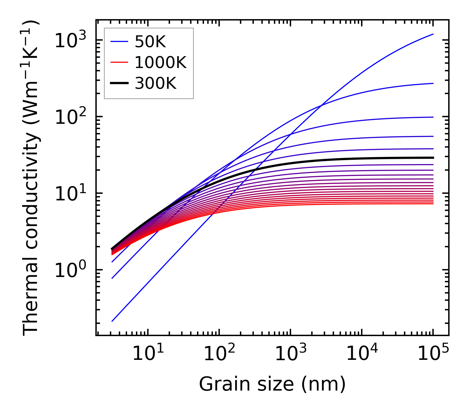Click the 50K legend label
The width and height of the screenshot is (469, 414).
tap(150, 42)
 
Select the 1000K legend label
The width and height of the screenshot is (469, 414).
tap(160, 63)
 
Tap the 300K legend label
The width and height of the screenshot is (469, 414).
tap(155, 84)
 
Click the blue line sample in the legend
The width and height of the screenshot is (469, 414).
tap(119, 42)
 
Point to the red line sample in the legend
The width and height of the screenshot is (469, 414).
tap(119, 63)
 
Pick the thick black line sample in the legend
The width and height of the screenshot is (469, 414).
tap(119, 84)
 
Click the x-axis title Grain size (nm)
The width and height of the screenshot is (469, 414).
tap(272, 384)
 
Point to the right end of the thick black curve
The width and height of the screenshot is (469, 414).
tap(433, 158)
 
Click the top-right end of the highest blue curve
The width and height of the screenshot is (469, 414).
tap(433, 34)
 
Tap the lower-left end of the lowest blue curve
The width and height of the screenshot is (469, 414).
tap(112, 321)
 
